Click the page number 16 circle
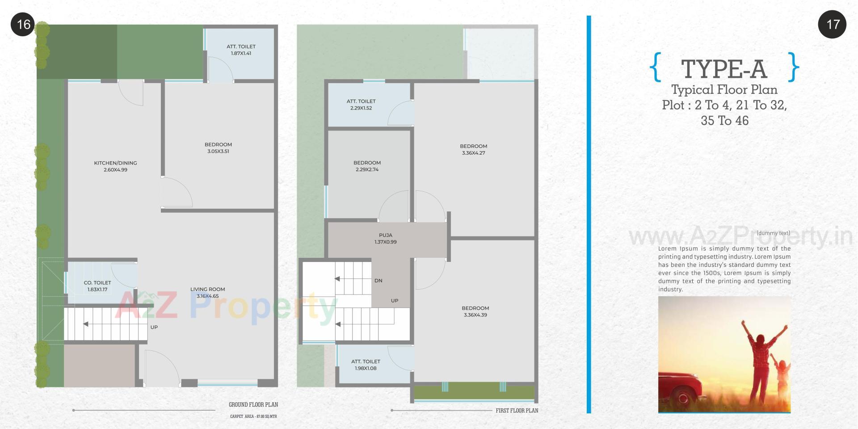(23, 24)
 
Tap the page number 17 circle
(832, 24)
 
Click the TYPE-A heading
(724, 69)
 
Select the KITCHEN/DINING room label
(115, 163)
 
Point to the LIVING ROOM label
(207, 289)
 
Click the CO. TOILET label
(97, 283)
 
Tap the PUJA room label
(385, 235)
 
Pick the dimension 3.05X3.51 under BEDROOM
(218, 151)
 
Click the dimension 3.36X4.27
(473, 153)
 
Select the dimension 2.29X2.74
(367, 170)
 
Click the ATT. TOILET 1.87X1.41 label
(241, 50)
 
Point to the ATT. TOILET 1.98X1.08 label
(366, 365)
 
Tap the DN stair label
(378, 281)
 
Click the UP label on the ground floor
(154, 327)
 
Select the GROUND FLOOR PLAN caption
(253, 404)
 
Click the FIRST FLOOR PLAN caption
(517, 410)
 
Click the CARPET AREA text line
(253, 416)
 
